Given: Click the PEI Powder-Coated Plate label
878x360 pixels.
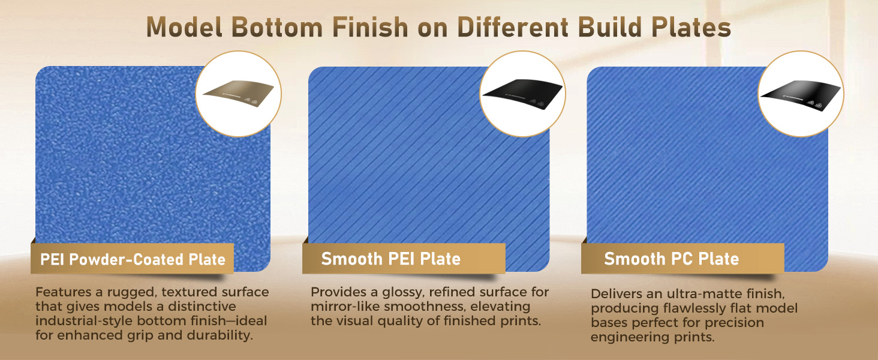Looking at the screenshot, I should [x=133, y=260].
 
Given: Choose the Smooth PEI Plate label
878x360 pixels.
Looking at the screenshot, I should [x=391, y=259].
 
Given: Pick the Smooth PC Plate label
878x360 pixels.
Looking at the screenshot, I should [x=672, y=259].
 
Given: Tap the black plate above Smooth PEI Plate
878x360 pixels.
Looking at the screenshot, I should [x=523, y=92].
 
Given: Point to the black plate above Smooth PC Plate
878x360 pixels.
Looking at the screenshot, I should [x=801, y=93].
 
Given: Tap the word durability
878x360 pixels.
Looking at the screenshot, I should [x=219, y=335].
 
